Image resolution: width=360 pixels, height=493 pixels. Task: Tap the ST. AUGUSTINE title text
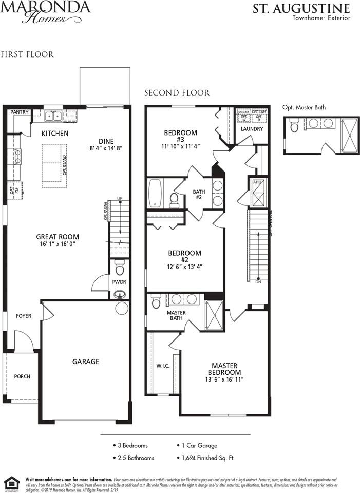(x=301, y=8)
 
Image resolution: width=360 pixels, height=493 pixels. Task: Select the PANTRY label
(x=20, y=112)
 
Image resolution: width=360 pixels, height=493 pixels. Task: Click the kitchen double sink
(x=53, y=116)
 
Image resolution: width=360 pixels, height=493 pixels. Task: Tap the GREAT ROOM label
(x=58, y=237)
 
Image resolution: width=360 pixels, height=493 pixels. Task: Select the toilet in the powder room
(x=120, y=268)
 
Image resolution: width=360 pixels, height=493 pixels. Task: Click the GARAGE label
(x=86, y=362)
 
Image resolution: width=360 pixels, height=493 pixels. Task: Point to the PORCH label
(x=22, y=376)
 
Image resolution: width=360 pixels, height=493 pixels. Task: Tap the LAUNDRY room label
(x=252, y=129)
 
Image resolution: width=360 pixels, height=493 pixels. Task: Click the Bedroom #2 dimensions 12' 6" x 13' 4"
(x=185, y=267)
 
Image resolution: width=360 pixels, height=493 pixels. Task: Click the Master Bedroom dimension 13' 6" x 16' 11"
(x=224, y=380)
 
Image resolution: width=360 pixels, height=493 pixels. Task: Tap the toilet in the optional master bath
(x=295, y=125)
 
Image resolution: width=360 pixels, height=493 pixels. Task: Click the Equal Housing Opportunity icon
(x=11, y=483)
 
